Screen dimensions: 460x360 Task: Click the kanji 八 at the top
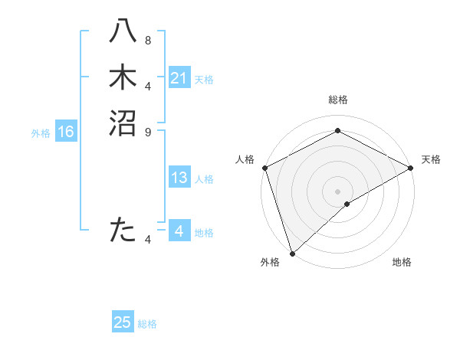coord(123,32)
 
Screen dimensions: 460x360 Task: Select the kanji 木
coord(123,77)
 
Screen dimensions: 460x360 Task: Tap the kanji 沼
coord(123,123)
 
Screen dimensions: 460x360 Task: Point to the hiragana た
coord(123,230)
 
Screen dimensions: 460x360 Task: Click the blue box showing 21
coord(179,78)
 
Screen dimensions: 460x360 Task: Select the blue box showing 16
coord(65,133)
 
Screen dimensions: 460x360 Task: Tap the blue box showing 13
coord(179,178)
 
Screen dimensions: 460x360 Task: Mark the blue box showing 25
coord(123,323)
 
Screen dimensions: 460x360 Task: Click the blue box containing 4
coord(179,231)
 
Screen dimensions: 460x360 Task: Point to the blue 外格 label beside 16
coord(41,133)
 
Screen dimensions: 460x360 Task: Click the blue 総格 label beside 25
coord(147,324)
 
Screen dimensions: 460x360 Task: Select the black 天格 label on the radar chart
coord(431,159)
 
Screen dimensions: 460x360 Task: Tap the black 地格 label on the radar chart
coord(402,262)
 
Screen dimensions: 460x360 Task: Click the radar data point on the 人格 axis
coord(264,168)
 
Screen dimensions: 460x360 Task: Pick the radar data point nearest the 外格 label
coord(292,252)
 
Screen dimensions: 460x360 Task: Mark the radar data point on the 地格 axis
coord(347,204)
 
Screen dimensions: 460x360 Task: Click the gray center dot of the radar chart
coord(337,191)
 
